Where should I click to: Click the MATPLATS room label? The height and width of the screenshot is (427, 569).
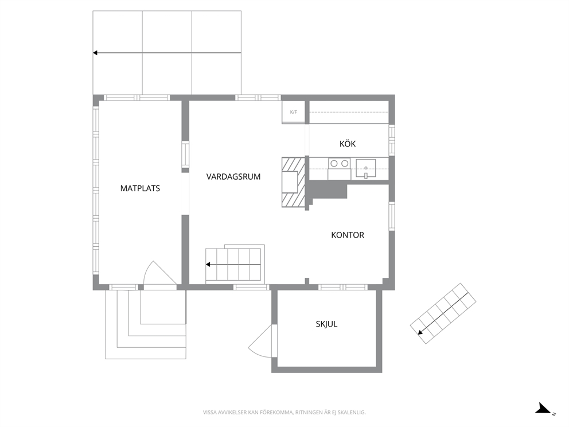[x=140, y=188]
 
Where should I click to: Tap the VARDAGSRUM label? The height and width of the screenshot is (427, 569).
[x=233, y=177]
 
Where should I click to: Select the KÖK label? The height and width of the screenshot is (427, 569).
[x=348, y=144]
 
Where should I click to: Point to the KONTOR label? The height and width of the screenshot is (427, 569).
[x=347, y=235]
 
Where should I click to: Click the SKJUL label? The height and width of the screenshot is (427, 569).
[x=326, y=324]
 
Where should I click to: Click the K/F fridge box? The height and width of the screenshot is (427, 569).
[x=294, y=112]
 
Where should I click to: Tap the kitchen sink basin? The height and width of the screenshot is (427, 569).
[x=366, y=169]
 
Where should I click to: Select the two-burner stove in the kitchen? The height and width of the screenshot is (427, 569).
[x=340, y=169]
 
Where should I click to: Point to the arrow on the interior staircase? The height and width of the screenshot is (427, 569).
[x=233, y=265]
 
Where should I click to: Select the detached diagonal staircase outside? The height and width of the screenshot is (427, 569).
[x=443, y=313]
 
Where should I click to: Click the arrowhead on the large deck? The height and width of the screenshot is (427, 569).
[x=95, y=53]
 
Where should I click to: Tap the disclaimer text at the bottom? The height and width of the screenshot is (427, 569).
[x=284, y=412]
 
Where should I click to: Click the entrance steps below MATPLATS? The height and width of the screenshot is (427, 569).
[x=146, y=325]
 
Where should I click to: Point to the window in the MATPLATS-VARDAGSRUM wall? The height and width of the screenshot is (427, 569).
[x=185, y=154]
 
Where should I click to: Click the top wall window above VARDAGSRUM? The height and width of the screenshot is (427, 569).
[x=258, y=98]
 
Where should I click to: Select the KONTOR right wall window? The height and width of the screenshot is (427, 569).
[x=392, y=216]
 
